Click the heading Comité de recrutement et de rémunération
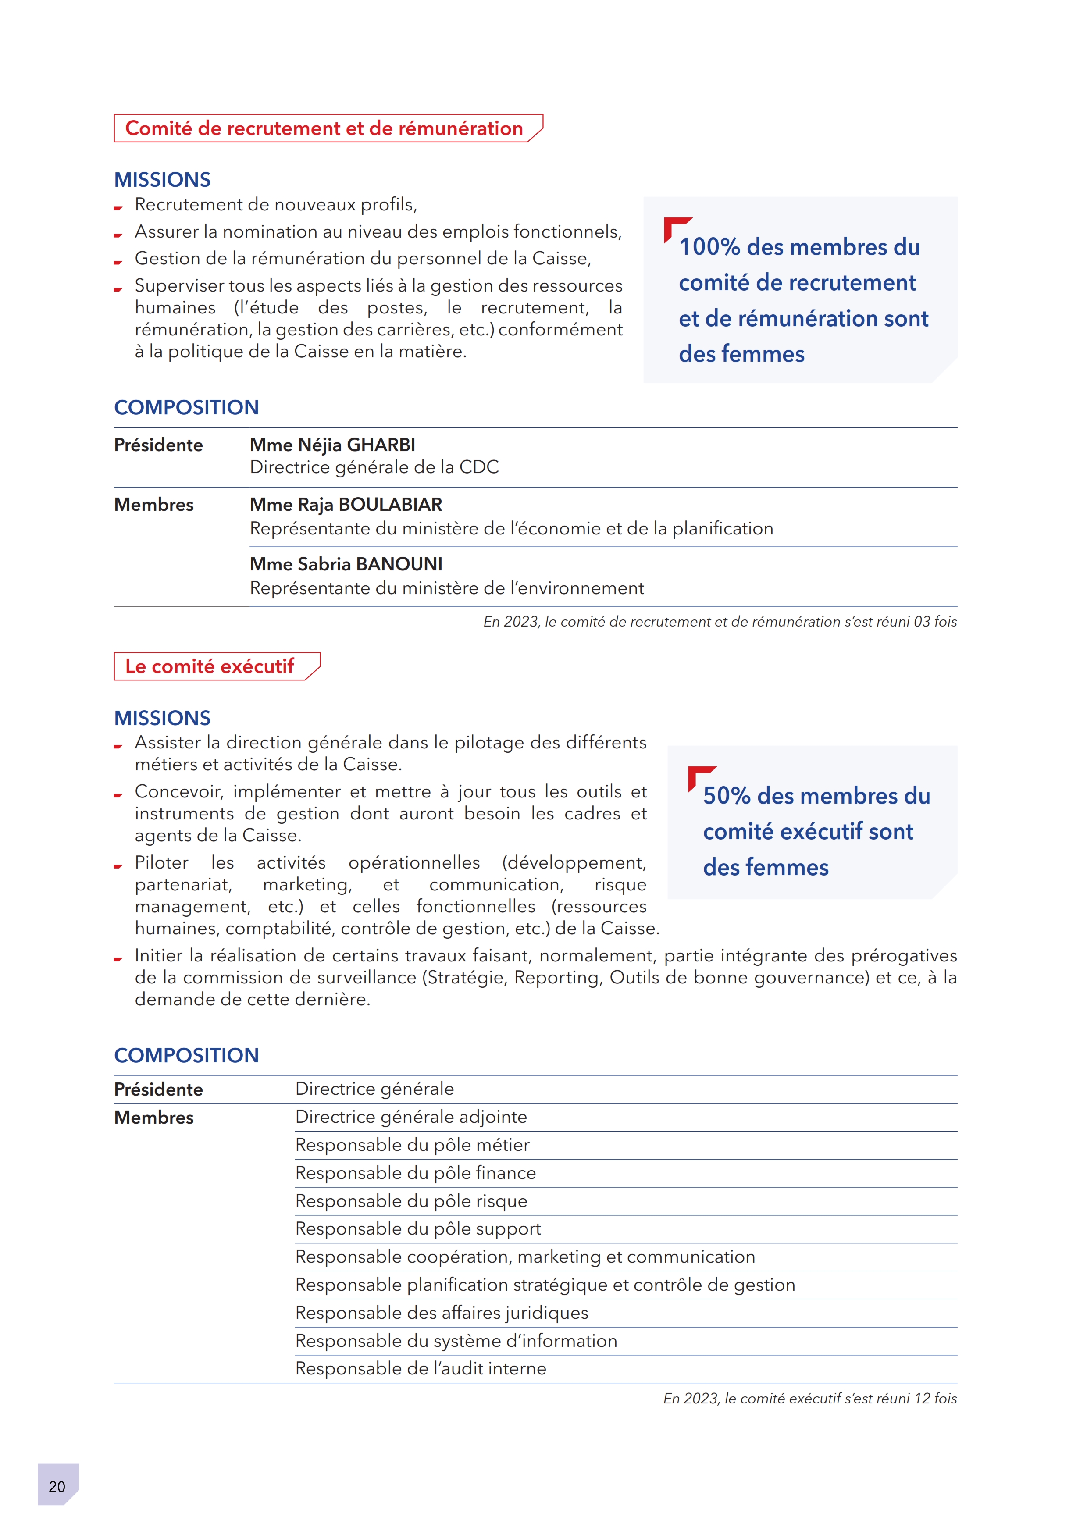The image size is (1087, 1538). click(x=324, y=128)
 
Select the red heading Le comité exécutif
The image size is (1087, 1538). click(x=209, y=666)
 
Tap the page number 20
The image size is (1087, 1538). click(x=57, y=1486)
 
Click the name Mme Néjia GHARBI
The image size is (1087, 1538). click(x=332, y=445)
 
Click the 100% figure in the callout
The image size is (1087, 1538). click(x=709, y=247)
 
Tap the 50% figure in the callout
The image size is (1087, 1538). click(x=727, y=796)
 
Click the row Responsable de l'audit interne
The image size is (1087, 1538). click(x=421, y=1368)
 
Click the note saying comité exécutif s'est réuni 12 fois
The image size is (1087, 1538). click(x=810, y=1399)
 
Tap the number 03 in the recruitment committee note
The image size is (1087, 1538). click(x=922, y=622)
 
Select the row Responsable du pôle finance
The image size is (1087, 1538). click(x=415, y=1173)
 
